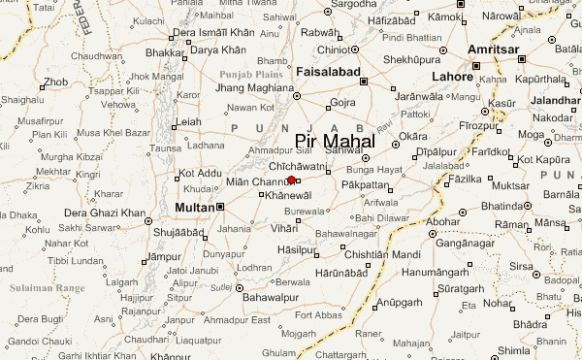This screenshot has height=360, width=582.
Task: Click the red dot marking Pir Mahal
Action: [x=291, y=180]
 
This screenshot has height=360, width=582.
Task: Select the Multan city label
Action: [x=194, y=208]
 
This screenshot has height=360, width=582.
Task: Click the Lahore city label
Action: [x=453, y=76]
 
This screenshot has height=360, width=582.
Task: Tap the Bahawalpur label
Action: [x=242, y=297]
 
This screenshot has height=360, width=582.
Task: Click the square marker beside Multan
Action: [x=221, y=207]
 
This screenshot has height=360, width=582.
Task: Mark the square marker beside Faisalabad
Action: [x=364, y=82]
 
